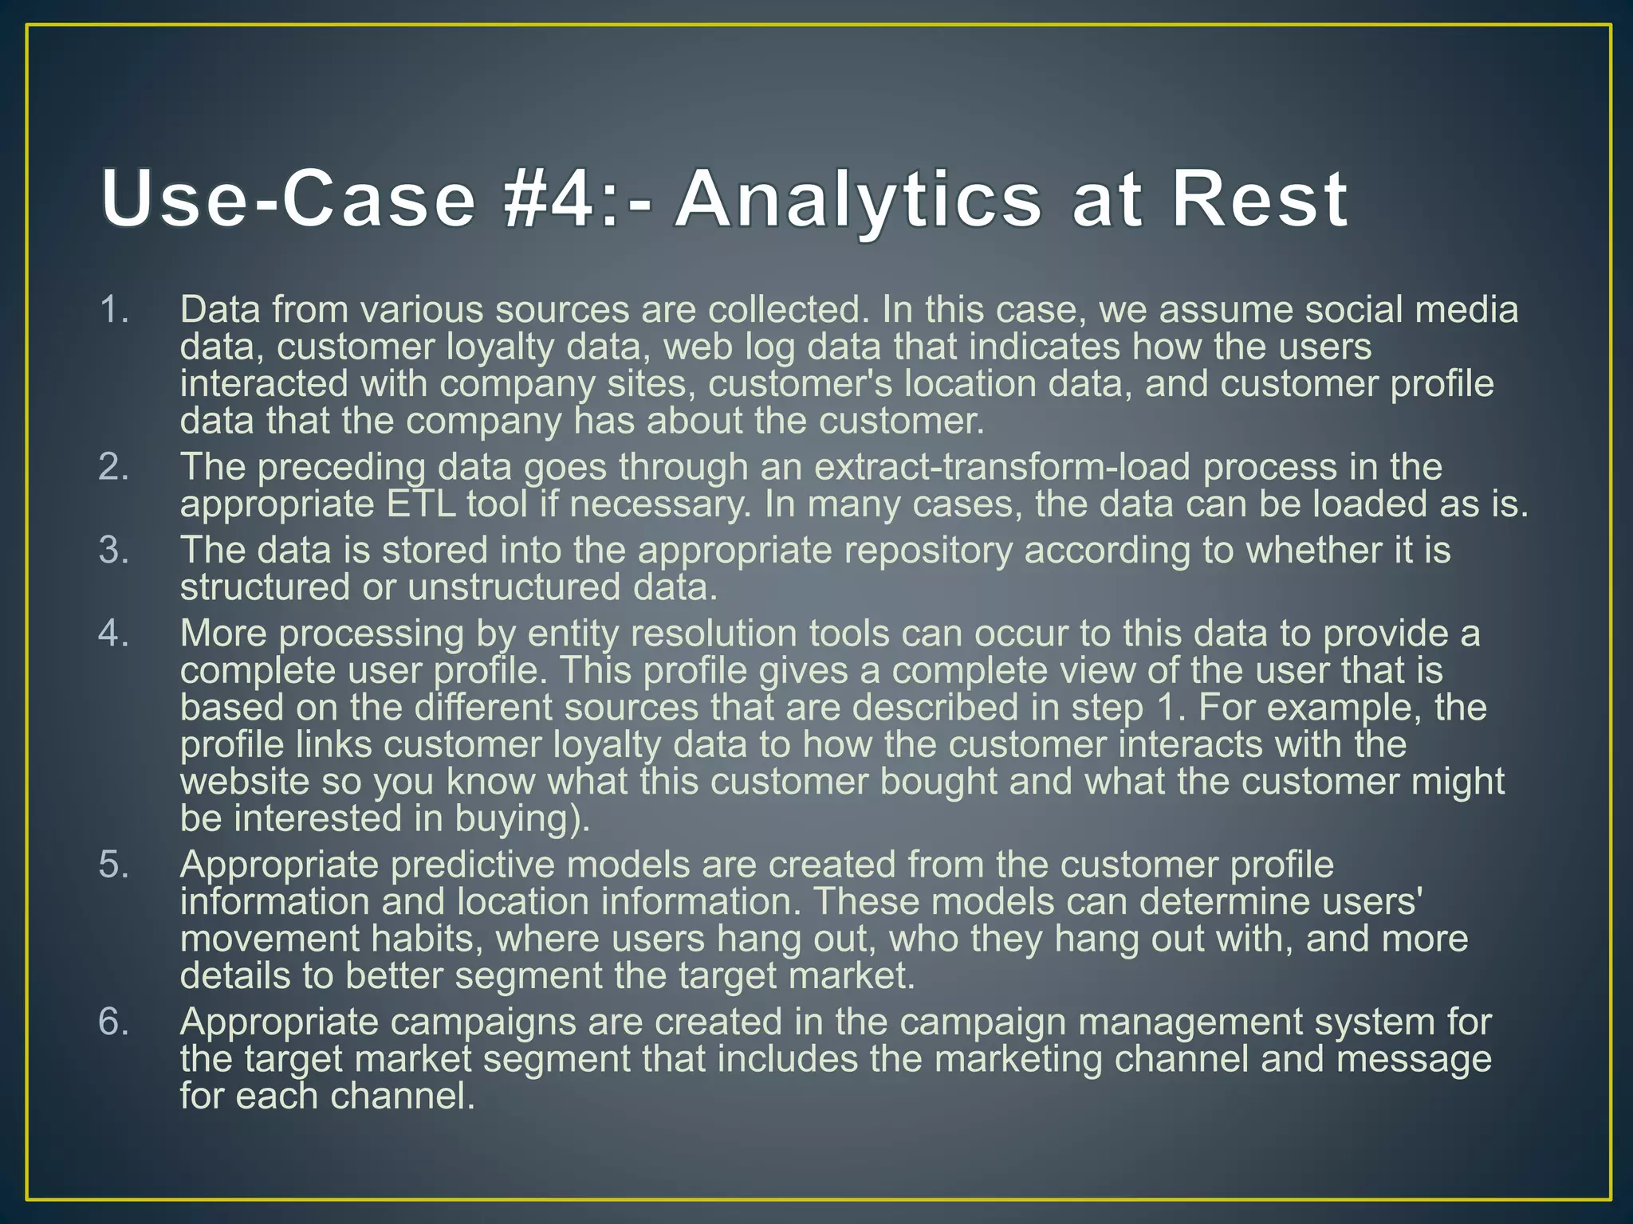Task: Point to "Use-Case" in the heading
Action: click(x=289, y=199)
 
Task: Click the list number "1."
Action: click(x=115, y=309)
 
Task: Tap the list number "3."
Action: click(x=115, y=550)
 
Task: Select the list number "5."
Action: click(x=115, y=865)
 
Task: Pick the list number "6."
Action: click(x=115, y=1022)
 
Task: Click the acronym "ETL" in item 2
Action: click(x=421, y=504)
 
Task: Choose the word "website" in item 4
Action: click(x=244, y=781)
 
